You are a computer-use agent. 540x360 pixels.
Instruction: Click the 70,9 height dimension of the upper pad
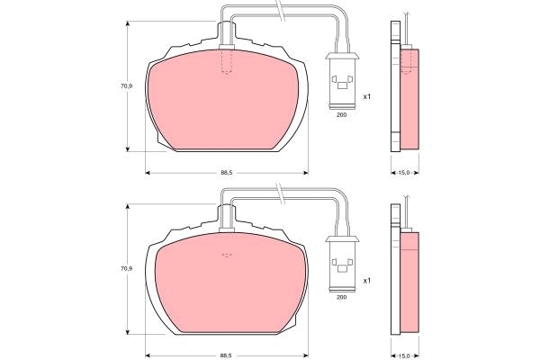coord(126,86)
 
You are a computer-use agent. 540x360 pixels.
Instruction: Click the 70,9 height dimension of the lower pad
coord(126,268)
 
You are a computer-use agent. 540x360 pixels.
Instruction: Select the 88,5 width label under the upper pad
coord(227,173)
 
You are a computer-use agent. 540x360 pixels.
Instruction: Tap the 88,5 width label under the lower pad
coord(227,355)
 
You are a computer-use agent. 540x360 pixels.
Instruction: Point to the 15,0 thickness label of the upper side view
coord(404,173)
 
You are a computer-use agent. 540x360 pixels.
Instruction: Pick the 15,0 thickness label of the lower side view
coord(404,355)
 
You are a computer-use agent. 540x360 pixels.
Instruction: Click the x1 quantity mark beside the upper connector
coord(367,97)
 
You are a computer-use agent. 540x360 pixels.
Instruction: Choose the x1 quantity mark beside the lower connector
coord(367,281)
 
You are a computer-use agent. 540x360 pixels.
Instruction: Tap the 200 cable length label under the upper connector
coord(341,115)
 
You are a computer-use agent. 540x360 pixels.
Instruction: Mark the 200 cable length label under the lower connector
coord(341,297)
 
